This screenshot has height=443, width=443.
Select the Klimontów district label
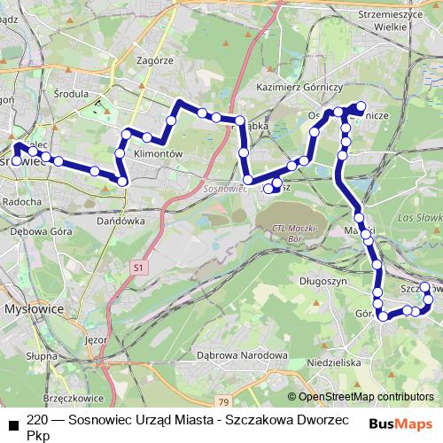(157, 153)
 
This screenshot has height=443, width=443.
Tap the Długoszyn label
(322, 281)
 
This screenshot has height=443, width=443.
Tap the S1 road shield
(138, 267)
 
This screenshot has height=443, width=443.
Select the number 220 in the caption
(38, 418)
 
